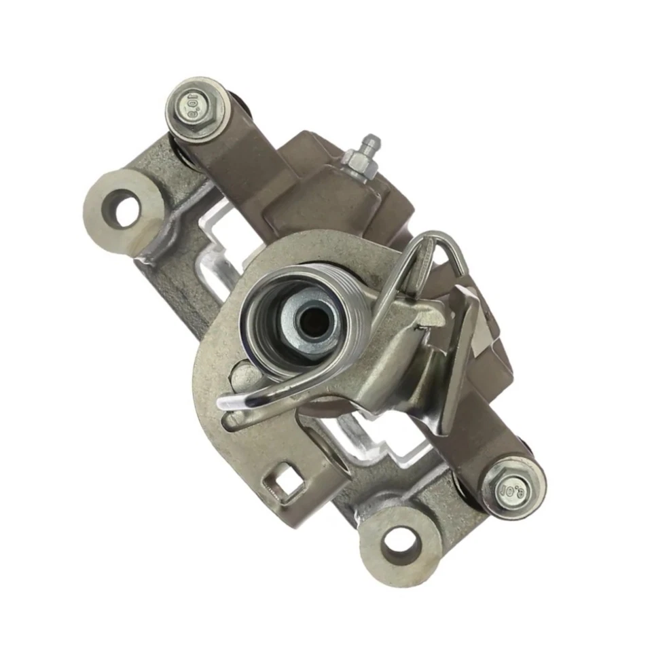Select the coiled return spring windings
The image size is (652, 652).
353,306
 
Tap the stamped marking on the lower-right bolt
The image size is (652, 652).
509,489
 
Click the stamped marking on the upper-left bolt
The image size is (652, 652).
196,110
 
